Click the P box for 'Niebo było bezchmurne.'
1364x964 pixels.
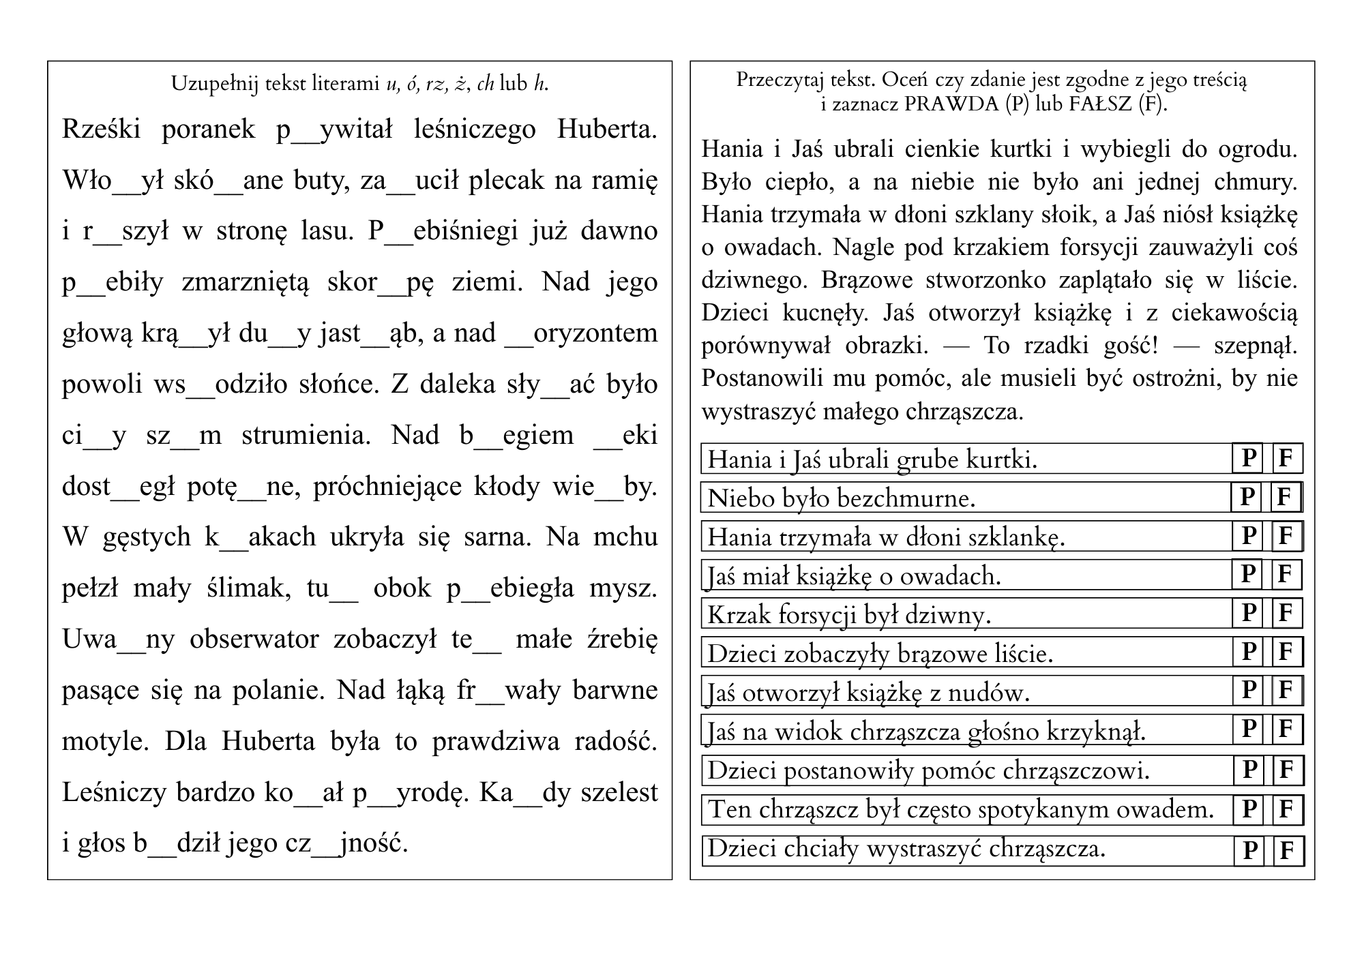click(1247, 497)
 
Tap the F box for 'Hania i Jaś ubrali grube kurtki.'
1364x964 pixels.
click(1287, 458)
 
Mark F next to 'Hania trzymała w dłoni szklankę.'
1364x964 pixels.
click(1287, 536)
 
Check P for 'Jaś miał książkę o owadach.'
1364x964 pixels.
click(1247, 575)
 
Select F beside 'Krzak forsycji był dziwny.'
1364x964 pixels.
click(1287, 614)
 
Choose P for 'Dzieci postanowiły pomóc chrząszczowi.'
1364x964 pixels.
click(1249, 770)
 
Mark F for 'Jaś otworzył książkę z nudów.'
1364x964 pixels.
click(1287, 691)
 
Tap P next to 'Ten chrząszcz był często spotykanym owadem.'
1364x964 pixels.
click(1249, 809)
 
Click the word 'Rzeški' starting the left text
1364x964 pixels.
click(101, 130)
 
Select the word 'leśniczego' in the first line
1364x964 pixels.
click(475, 130)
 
